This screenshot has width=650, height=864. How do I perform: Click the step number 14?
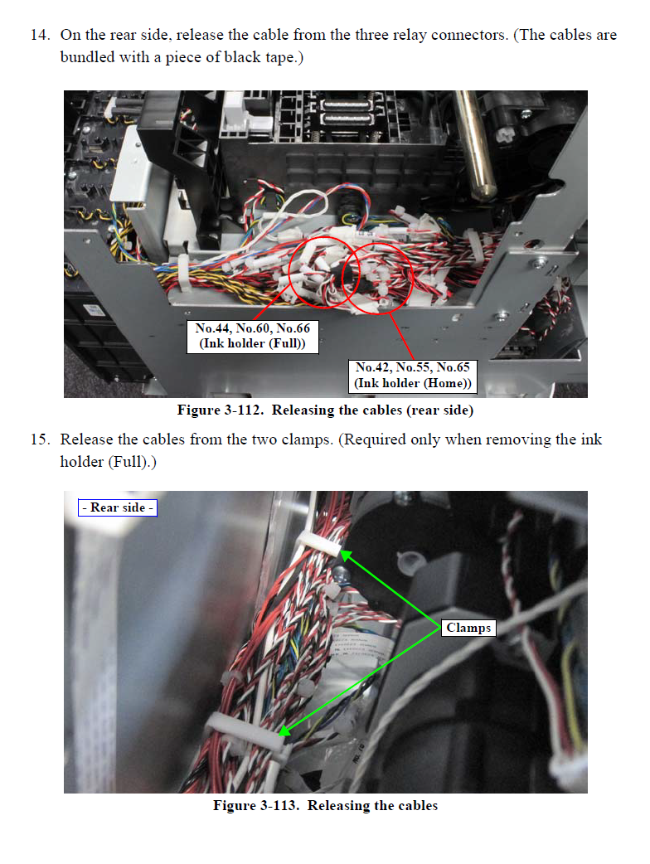pos(41,35)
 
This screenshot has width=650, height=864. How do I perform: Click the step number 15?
pos(41,439)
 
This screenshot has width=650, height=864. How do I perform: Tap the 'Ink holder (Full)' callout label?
pos(253,336)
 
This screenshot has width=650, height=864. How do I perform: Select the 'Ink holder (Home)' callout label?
pos(413,376)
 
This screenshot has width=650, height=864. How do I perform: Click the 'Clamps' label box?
pos(468,628)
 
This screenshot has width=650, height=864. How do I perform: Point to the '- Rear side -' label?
pos(118,507)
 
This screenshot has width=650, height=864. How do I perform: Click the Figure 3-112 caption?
pos(325,410)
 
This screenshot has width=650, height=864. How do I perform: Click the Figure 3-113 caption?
pos(326,806)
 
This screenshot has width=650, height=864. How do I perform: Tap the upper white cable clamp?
pos(319,543)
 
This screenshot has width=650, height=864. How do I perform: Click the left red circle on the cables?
pos(289,273)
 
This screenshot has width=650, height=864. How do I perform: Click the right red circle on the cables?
pos(412,279)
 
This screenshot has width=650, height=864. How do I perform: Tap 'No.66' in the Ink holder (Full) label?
pos(293,328)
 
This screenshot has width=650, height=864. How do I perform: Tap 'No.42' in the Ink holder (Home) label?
pos(373,367)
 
